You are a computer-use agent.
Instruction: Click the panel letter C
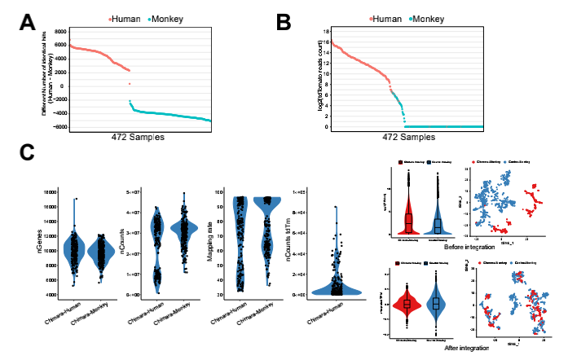coord(26,152)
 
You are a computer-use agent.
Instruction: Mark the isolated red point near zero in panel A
coord(129,84)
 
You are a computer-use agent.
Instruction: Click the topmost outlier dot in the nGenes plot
coord(75,199)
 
